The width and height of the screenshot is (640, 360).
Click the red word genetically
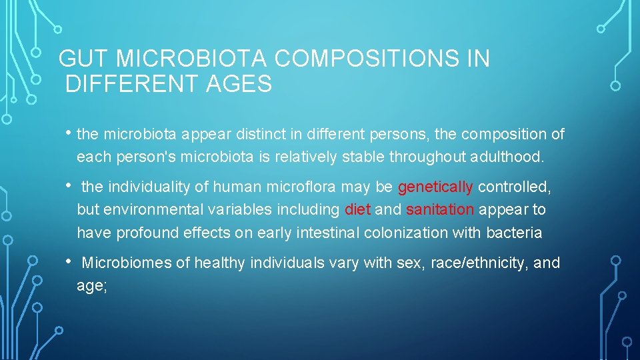(435, 186)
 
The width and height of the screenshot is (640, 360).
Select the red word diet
(358, 209)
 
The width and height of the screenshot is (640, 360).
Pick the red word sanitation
(440, 209)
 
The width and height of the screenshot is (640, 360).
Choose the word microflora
(302, 186)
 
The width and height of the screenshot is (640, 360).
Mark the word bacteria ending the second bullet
(514, 233)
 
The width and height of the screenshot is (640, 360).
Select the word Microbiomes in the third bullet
(126, 263)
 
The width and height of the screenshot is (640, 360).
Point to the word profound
(144, 233)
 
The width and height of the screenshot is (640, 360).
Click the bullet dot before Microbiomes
(70, 262)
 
